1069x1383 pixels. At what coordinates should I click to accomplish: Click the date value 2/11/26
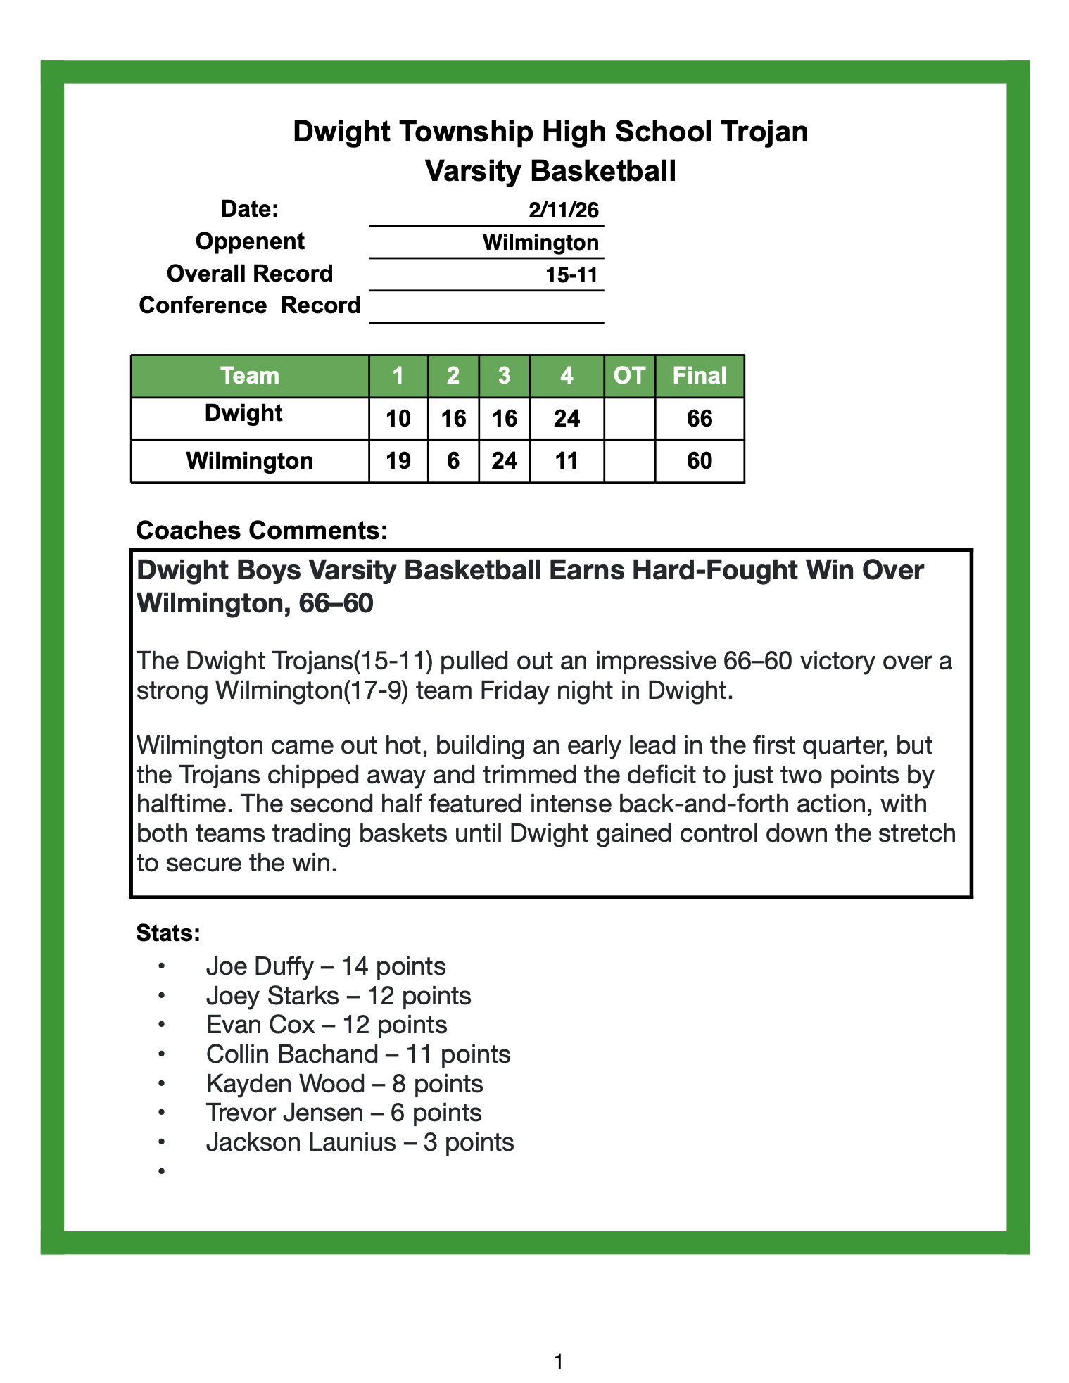coord(563,210)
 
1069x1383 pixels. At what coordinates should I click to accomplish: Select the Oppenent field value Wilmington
coord(540,243)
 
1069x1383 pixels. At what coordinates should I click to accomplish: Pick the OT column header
coord(629,376)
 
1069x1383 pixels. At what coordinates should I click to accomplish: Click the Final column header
coord(699,376)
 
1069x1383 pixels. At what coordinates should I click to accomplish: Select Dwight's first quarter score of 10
coord(398,419)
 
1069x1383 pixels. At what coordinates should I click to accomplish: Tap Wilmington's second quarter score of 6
coord(453,461)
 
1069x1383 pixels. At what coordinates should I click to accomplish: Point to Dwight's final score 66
coord(700,419)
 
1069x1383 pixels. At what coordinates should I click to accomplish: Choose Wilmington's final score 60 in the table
coord(700,461)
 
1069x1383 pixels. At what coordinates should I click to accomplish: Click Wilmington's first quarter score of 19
coord(398,461)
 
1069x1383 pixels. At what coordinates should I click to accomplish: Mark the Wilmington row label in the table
coord(250,461)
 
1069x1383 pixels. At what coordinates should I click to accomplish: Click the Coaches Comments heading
coord(262,530)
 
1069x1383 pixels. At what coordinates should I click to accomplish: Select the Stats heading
coord(169,933)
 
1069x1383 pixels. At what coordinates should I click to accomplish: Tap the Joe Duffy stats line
coord(326,966)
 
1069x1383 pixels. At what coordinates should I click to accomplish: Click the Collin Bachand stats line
coord(358,1054)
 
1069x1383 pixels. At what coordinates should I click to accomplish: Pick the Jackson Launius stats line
coord(360,1142)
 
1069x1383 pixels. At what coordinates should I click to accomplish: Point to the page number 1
coord(559,1363)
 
